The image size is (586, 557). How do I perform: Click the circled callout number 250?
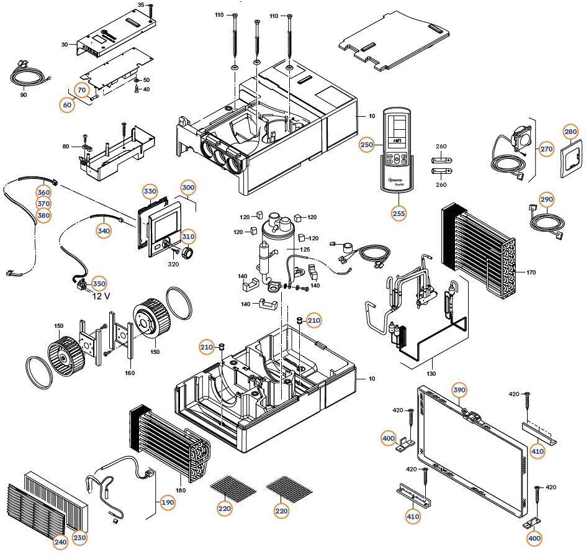click(x=366, y=145)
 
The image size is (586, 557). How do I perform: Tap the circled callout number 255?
click(x=399, y=212)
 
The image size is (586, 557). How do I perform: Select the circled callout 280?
click(x=570, y=132)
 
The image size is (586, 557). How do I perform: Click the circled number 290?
click(x=546, y=199)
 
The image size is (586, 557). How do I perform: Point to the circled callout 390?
click(x=459, y=389)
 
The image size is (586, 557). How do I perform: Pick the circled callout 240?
click(x=60, y=542)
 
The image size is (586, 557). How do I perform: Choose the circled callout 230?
click(x=80, y=538)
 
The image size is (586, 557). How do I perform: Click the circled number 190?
click(x=168, y=503)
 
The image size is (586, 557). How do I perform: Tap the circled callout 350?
click(x=99, y=283)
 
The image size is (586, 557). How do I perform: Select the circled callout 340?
click(x=104, y=231)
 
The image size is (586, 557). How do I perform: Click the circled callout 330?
click(x=150, y=191)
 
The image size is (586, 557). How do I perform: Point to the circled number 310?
click(x=188, y=237)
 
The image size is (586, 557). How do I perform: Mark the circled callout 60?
click(x=67, y=105)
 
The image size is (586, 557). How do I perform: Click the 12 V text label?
click(x=101, y=296)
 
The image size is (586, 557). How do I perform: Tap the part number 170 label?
click(x=531, y=273)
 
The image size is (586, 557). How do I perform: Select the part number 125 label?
click(x=305, y=249)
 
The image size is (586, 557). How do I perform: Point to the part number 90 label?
click(x=24, y=95)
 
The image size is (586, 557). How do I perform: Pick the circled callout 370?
click(x=43, y=204)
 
